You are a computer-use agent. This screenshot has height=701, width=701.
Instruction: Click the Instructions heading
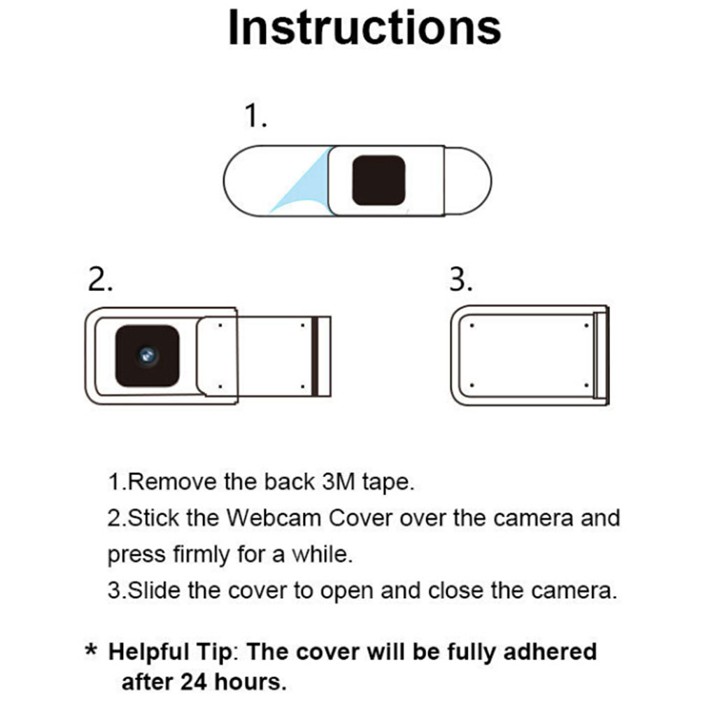point(364,28)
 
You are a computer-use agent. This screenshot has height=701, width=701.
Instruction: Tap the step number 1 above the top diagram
point(255,115)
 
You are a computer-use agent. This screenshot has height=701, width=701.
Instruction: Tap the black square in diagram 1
point(378,180)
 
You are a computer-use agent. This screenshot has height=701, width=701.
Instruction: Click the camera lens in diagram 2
point(148,356)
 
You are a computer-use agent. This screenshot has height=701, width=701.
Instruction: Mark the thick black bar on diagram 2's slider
point(315,356)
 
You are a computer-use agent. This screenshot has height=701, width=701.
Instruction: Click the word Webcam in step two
point(274,518)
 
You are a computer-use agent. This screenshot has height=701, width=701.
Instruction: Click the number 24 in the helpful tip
point(194,682)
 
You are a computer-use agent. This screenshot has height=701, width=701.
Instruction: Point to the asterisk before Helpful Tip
point(91,650)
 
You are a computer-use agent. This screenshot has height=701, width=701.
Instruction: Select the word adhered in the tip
point(550,651)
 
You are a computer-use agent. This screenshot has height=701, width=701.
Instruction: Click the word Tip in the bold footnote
point(214,652)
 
